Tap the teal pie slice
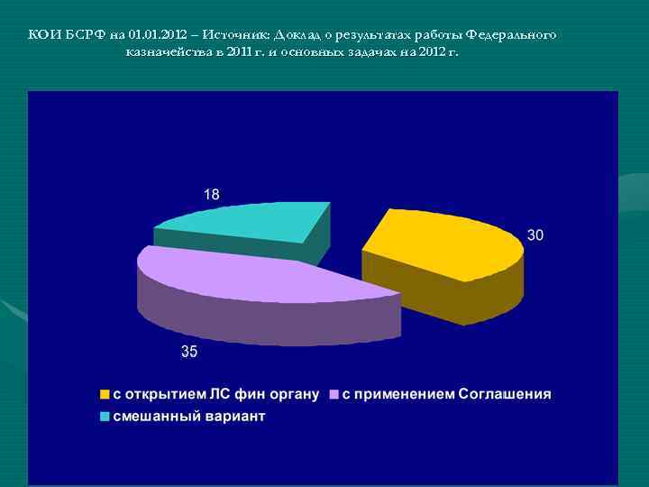243,222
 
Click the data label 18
211,194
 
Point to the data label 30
535,234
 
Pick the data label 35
189,352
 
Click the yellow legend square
105,394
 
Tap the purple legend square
334,394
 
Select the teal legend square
105,417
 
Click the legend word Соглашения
505,394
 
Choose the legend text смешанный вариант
188,417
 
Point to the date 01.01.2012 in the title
159,35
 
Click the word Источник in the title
232,35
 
